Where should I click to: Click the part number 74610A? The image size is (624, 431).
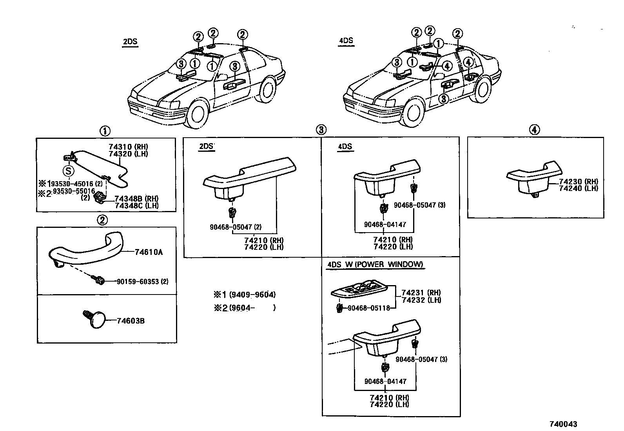[148, 252]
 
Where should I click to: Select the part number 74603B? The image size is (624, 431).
[131, 321]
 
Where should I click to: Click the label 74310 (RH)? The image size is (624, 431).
[128, 147]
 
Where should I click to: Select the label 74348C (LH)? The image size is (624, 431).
[136, 206]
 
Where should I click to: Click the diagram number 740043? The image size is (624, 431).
[563, 424]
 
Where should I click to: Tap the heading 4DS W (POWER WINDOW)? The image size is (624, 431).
[375, 264]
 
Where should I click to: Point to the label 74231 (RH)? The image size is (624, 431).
[421, 293]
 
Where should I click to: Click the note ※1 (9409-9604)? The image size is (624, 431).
[244, 295]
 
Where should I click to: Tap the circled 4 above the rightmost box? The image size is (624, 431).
[534, 130]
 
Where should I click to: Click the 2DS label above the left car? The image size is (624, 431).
[130, 42]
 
